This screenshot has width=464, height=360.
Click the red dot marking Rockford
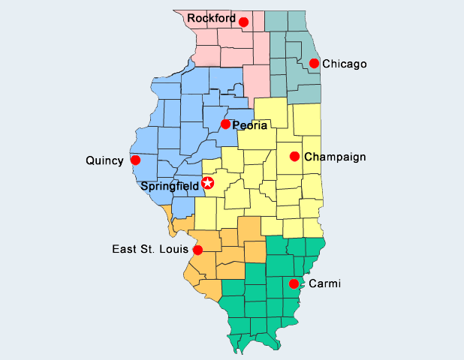(x=243, y=22)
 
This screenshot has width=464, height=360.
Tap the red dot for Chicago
(x=314, y=64)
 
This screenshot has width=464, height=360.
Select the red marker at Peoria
(x=225, y=124)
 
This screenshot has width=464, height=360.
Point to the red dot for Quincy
(x=135, y=160)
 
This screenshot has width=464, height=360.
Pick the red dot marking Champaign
(x=294, y=157)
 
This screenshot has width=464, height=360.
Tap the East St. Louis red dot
(x=197, y=250)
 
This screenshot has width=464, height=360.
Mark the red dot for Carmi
(x=294, y=283)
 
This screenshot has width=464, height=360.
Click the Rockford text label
(x=211, y=17)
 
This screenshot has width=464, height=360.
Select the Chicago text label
(x=344, y=64)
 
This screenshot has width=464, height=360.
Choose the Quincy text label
(x=104, y=160)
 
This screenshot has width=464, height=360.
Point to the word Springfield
(x=170, y=185)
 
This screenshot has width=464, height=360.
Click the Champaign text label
(x=335, y=157)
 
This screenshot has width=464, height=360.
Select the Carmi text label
(x=325, y=283)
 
